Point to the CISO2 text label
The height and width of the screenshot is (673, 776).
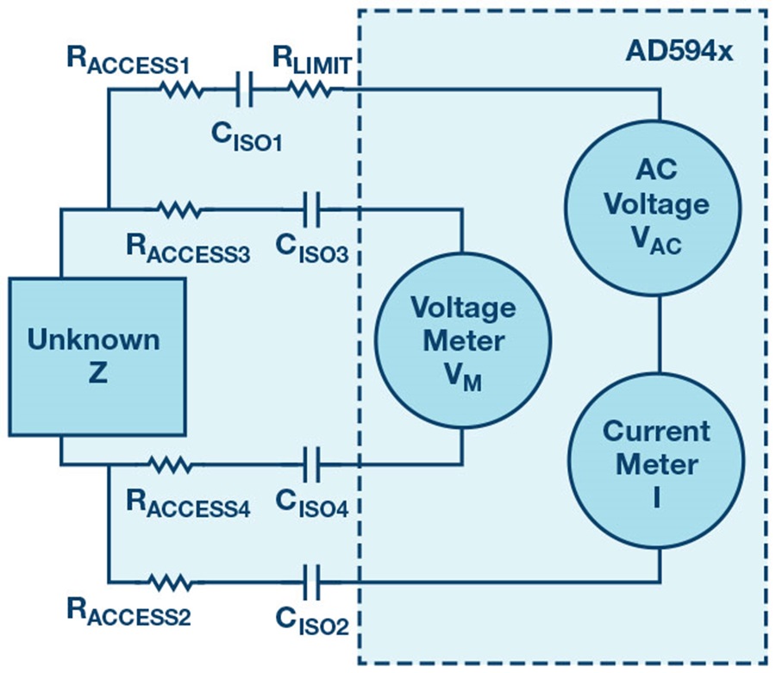312,619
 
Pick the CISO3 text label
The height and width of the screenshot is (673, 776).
312,247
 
